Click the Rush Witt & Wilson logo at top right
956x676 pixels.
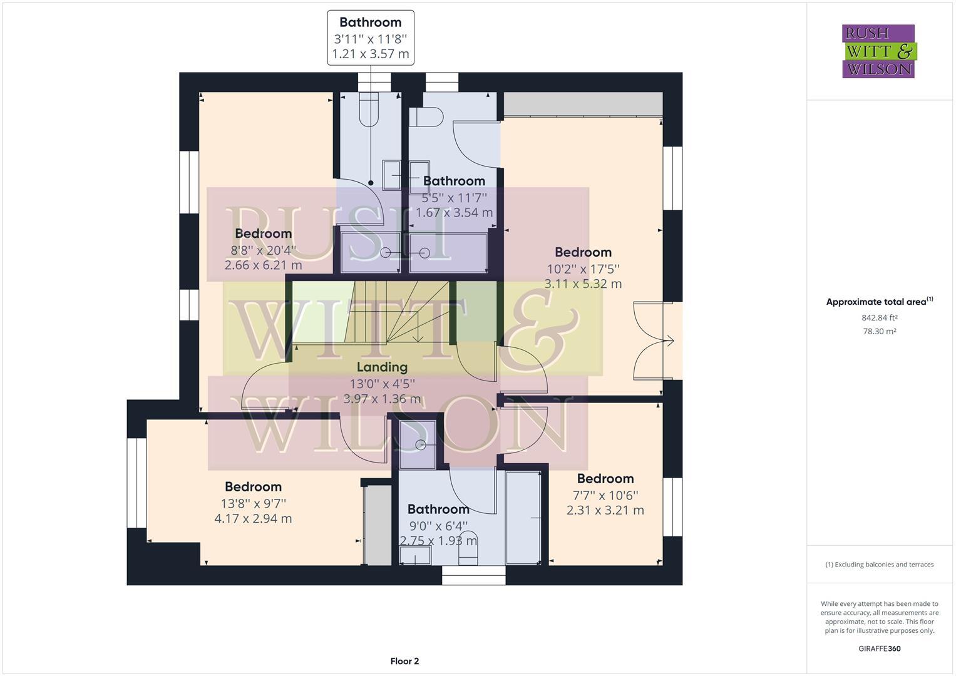tap(878, 51)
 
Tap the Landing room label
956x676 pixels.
tap(382, 367)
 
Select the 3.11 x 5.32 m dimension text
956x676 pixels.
tap(583, 284)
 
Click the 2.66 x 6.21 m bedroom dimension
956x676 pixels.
tap(263, 265)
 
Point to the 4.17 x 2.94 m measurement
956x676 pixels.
tap(253, 519)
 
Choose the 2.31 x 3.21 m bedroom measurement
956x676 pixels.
tap(605, 510)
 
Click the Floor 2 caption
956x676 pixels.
tap(404, 661)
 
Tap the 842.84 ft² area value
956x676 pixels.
tap(879, 318)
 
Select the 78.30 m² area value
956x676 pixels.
tap(879, 332)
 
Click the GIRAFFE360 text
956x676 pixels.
tap(879, 648)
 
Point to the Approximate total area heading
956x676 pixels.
tap(879, 302)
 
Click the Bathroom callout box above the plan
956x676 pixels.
tap(371, 38)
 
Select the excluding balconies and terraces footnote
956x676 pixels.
tap(879, 565)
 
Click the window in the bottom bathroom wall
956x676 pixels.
tap(473, 575)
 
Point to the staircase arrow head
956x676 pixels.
tap(418, 339)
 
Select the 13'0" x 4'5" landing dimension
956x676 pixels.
tap(382, 384)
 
